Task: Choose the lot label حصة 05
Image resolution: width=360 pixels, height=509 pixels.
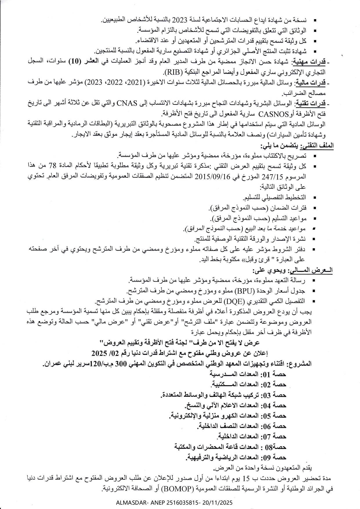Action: (274, 416)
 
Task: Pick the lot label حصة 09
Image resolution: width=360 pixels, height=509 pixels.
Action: (274, 457)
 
